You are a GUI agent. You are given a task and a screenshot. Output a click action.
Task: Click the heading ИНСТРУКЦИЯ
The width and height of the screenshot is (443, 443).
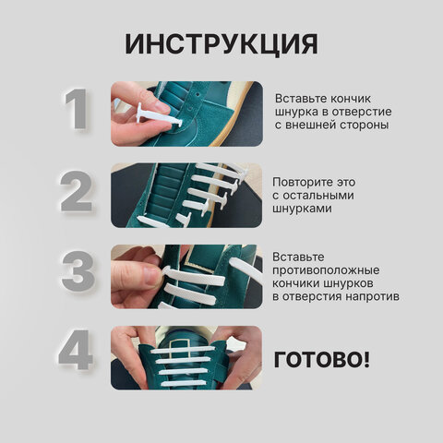tap(221, 43)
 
